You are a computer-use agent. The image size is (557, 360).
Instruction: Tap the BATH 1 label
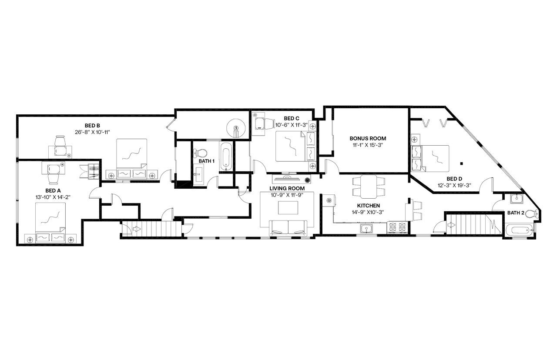coord(207,161)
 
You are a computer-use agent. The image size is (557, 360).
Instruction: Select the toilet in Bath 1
coord(201,153)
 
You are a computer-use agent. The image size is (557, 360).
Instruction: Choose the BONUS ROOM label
coord(368,138)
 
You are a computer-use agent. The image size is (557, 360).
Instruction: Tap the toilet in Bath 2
coord(532,214)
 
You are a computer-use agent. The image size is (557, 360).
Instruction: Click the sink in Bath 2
coord(516,199)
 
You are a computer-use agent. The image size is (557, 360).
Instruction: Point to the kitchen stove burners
coord(397,227)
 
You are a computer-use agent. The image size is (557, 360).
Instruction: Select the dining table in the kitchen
coord(369,186)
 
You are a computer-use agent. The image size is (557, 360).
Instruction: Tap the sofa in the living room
coord(288,227)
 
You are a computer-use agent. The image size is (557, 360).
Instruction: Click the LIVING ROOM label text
coord(287,188)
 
